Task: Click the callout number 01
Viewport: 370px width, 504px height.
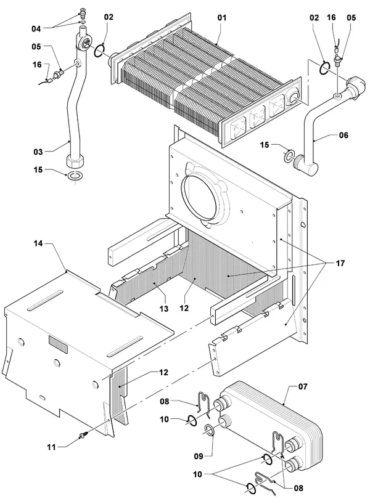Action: tap(222, 18)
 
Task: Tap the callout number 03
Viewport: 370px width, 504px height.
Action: tap(38, 152)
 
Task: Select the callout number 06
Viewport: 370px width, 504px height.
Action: tap(343, 135)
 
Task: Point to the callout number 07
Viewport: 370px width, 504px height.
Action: tap(303, 386)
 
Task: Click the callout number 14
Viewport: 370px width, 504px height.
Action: tap(38, 243)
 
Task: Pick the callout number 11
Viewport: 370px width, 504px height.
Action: tap(51, 447)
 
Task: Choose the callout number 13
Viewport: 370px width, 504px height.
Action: tap(164, 309)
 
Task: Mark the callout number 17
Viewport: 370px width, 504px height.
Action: tap(340, 264)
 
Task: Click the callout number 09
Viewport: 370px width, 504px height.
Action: tap(199, 456)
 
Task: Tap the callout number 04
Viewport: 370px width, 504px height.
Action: tap(36, 29)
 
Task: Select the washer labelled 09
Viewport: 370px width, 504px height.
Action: tap(210, 429)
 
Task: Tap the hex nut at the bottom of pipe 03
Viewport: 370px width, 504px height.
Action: tap(75, 160)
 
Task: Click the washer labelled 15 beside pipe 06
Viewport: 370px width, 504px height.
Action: tap(288, 155)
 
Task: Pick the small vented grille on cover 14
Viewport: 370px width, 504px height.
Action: tap(58, 343)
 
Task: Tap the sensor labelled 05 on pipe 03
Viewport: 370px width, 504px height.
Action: tap(59, 75)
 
